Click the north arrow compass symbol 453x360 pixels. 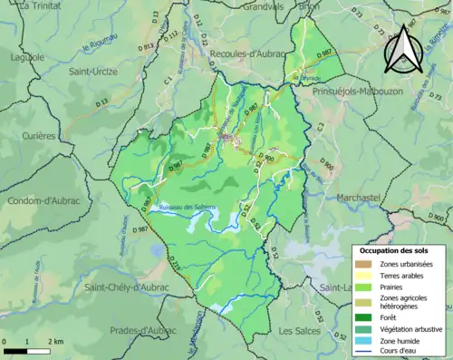[x=400, y=49]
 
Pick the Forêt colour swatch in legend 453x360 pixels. [x=364, y=317]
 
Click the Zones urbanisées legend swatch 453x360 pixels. [x=364, y=263]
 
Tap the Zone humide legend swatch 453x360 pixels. [x=364, y=343]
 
